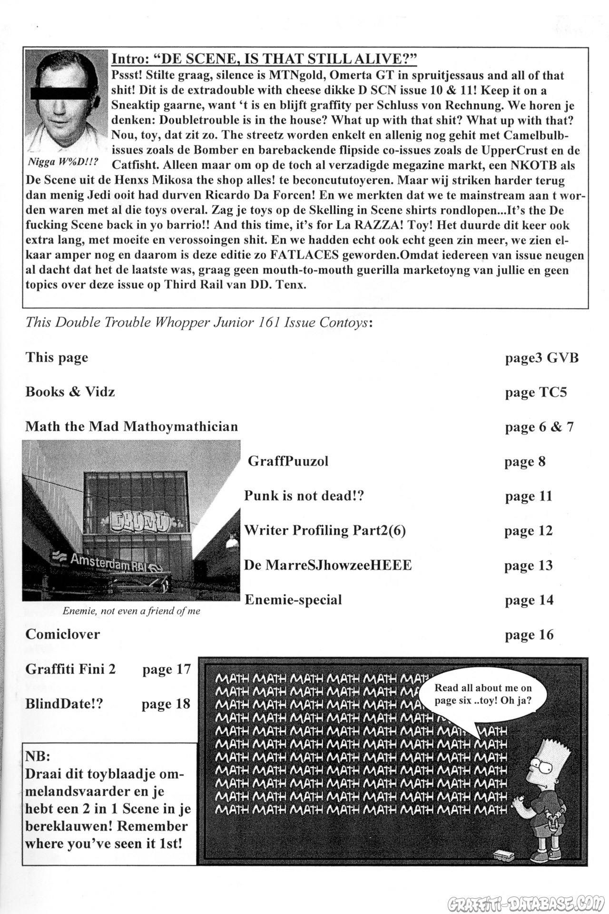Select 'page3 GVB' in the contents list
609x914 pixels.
pyautogui.click(x=541, y=358)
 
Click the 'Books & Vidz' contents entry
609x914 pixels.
pyautogui.click(x=70, y=392)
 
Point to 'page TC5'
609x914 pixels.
pyautogui.click(x=536, y=393)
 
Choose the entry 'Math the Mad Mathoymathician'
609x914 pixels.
pyautogui.click(x=131, y=426)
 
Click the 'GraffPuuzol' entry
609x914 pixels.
pyautogui.click(x=288, y=461)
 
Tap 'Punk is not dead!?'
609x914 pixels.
pyautogui.click(x=304, y=496)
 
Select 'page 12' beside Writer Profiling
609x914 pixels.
pyautogui.click(x=528, y=530)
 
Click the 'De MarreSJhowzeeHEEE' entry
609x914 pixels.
pyautogui.click(x=328, y=565)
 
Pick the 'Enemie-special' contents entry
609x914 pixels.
pyautogui.click(x=293, y=600)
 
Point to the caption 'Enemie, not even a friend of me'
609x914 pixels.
pyautogui.click(x=131, y=611)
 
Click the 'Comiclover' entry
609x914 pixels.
pyautogui.click(x=63, y=634)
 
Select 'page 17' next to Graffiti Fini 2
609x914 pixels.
pyautogui.click(x=166, y=669)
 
